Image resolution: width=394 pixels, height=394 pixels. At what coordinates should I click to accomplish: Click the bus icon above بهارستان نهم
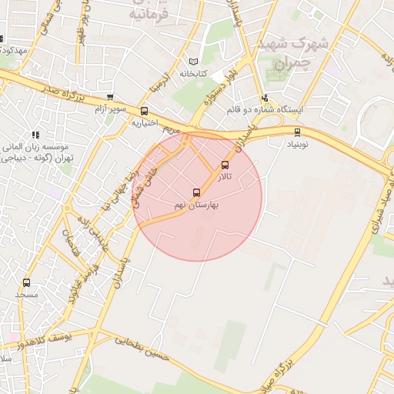click(195, 193)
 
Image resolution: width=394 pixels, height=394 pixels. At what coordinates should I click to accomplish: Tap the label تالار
click(224, 177)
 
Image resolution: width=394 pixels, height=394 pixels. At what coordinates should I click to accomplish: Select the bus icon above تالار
click(225, 165)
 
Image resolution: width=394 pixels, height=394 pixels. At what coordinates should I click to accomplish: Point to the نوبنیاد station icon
click(298, 132)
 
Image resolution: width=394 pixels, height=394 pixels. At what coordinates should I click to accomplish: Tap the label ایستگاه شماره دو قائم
click(265, 110)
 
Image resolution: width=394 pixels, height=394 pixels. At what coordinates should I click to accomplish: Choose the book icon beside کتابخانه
click(193, 62)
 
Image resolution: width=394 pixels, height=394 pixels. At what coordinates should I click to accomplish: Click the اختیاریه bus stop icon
click(144, 111)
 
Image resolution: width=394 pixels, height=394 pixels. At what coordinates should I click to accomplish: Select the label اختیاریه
click(144, 122)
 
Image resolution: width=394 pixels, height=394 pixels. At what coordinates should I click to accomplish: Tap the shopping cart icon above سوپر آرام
click(110, 98)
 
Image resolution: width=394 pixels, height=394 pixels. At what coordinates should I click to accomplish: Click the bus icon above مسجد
click(27, 282)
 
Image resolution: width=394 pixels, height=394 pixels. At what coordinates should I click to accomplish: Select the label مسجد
click(27, 294)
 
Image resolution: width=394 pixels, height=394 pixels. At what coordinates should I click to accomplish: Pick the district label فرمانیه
click(148, 14)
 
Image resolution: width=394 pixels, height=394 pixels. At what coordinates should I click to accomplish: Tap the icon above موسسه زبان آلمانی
click(35, 135)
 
